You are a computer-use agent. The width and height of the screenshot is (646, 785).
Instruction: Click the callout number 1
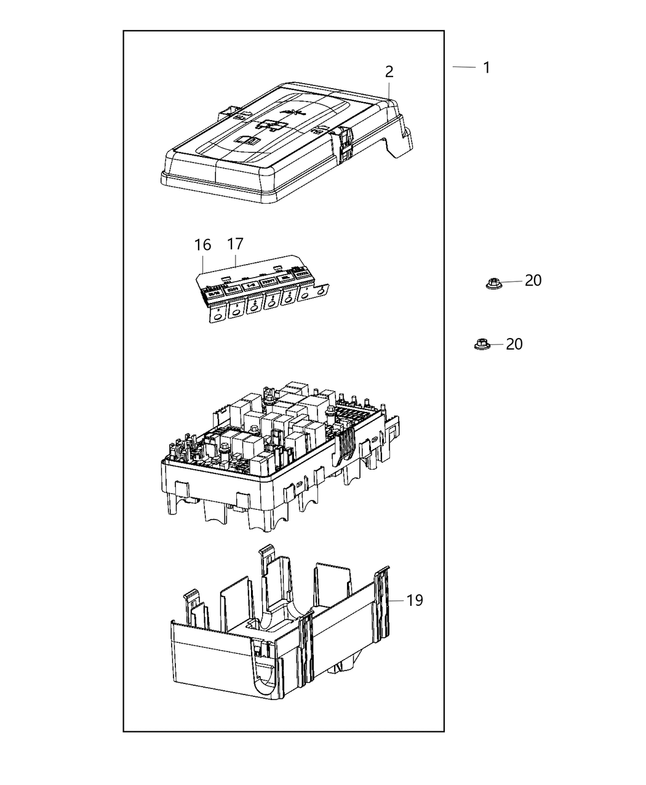point(487,68)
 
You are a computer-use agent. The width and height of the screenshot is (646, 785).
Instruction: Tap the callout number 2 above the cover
point(389,72)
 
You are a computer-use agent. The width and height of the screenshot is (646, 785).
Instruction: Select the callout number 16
point(202,245)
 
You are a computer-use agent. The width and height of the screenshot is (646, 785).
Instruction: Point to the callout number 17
point(235,244)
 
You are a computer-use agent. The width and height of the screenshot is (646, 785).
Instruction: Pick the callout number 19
point(415,600)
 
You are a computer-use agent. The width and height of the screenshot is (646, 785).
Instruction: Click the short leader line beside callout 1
point(465,66)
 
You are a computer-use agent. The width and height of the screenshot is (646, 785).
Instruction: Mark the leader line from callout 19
point(397,600)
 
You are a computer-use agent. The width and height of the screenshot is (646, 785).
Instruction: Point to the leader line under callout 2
point(389,90)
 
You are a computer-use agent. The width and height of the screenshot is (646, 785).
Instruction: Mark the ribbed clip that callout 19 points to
point(383,600)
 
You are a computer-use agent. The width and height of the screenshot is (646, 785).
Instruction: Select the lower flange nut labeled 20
point(481,345)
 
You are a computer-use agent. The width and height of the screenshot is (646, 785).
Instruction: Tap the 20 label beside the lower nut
point(514,344)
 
